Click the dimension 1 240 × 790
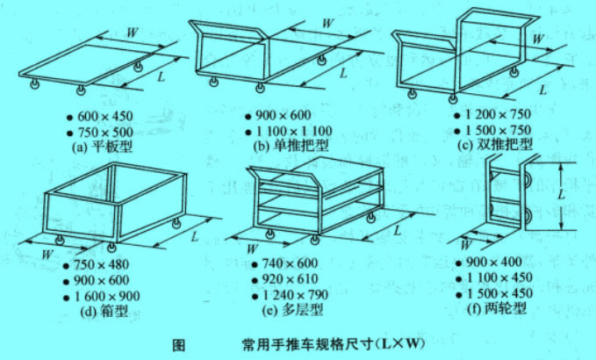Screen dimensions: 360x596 point(299,296)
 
